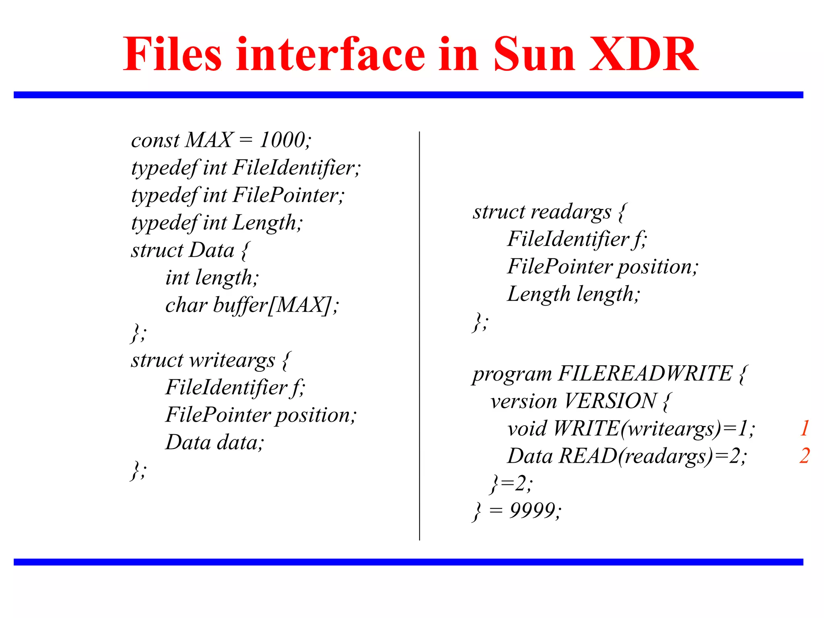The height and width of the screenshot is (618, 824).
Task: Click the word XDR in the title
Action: click(x=643, y=54)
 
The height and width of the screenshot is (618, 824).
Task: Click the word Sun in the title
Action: click(x=534, y=54)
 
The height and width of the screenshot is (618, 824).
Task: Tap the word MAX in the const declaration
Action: click(x=209, y=140)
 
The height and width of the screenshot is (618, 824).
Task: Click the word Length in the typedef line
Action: click(x=266, y=223)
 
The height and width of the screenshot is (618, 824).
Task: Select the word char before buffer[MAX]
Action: click(x=186, y=305)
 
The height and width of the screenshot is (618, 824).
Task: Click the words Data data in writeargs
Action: click(x=214, y=443)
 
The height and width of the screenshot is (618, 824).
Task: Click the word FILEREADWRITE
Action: click(x=645, y=373)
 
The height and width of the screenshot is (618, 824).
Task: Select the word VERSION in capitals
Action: click(x=610, y=401)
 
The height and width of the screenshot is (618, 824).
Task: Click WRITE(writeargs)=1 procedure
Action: click(x=653, y=428)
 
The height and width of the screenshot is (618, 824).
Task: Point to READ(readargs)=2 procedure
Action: click(x=652, y=456)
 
